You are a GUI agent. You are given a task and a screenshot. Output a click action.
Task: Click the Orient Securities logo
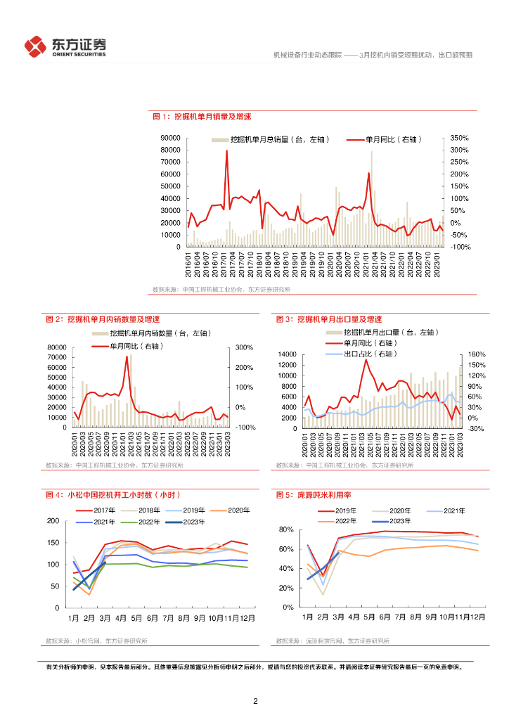[x=65, y=46]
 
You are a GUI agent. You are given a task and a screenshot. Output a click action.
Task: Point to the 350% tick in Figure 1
[x=459, y=138]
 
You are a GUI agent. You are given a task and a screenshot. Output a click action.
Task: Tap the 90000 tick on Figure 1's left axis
[x=170, y=138]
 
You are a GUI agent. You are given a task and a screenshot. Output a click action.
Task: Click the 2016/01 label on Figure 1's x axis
[x=189, y=264]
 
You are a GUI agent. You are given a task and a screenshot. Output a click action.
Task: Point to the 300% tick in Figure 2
[x=244, y=347]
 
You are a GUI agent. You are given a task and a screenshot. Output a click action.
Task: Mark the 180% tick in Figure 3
[x=477, y=354]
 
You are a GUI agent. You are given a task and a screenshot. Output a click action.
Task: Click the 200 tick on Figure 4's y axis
[x=53, y=520]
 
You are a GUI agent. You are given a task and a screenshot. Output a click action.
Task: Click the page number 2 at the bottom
[x=255, y=701]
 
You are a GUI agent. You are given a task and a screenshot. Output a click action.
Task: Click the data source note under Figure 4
[x=102, y=641]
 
